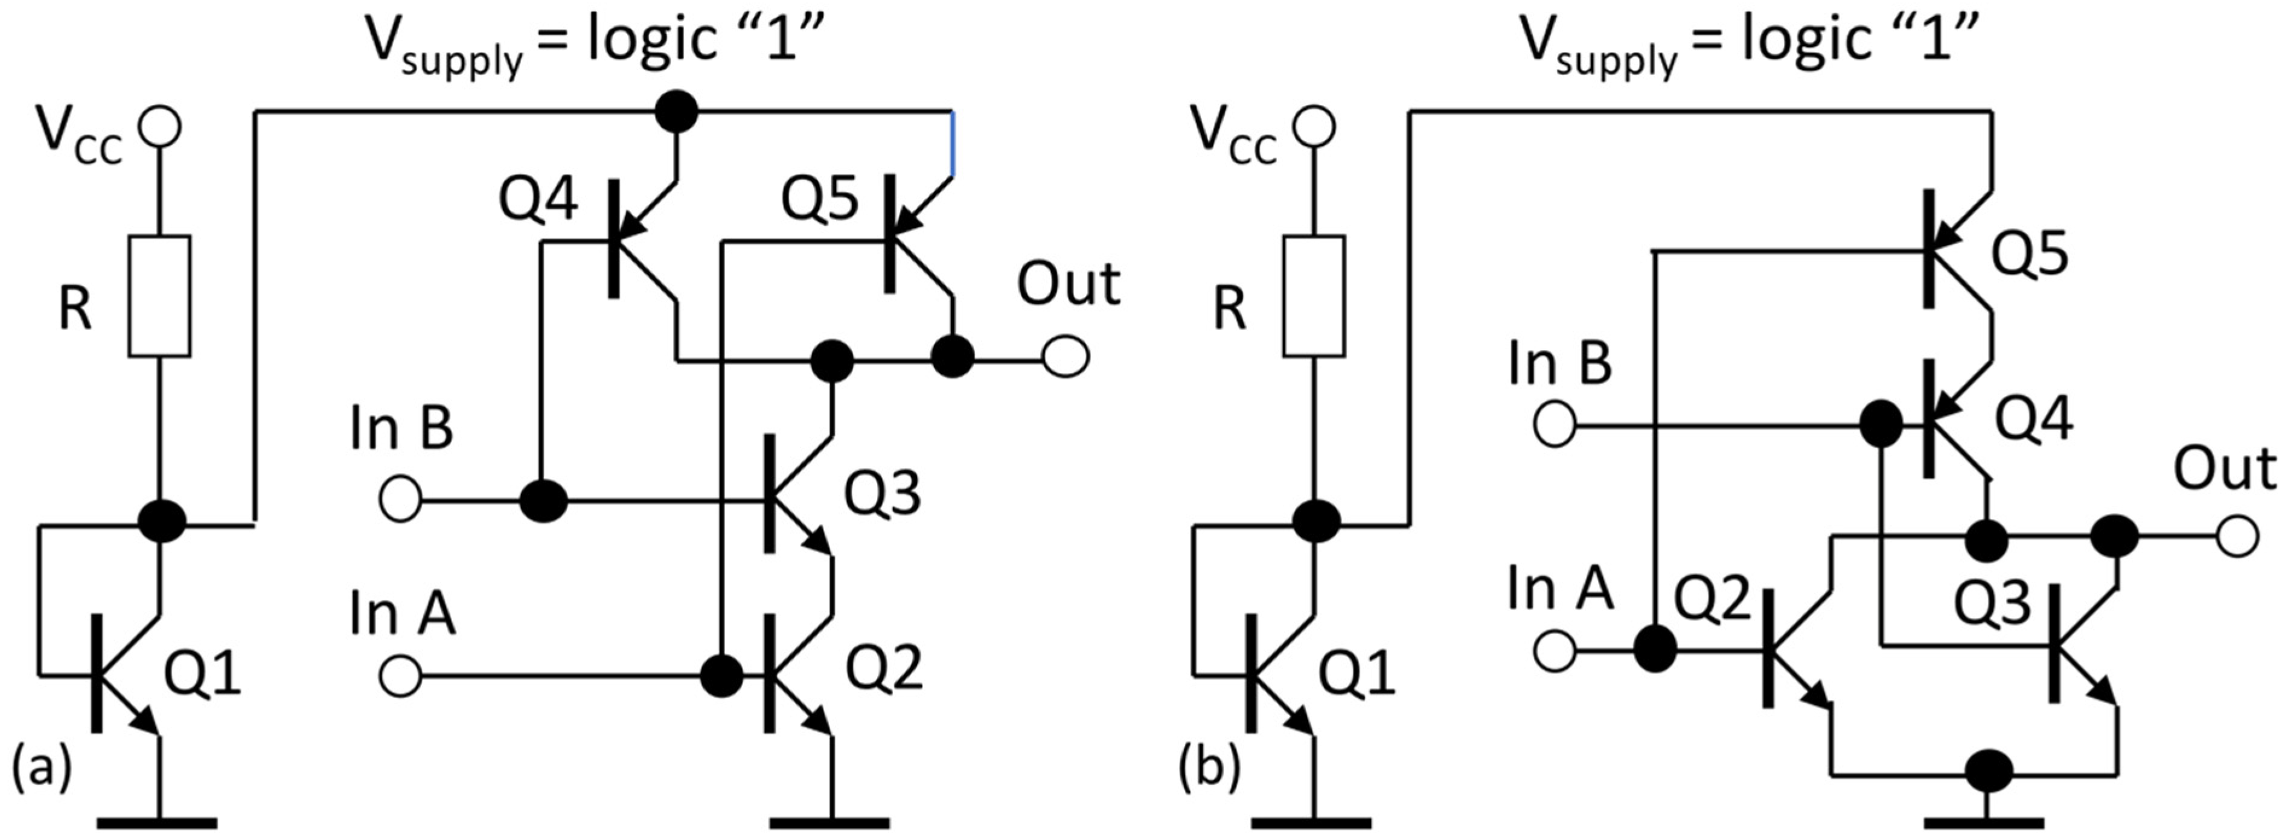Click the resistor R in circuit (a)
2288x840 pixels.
coord(159,296)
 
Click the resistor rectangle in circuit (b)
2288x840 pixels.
coord(1314,296)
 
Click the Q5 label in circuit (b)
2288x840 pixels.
coord(2030,253)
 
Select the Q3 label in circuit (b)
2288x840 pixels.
coord(1992,604)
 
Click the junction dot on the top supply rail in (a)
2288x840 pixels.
coord(676,112)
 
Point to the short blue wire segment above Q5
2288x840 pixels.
coord(953,144)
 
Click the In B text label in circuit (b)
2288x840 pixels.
coord(1560,364)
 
